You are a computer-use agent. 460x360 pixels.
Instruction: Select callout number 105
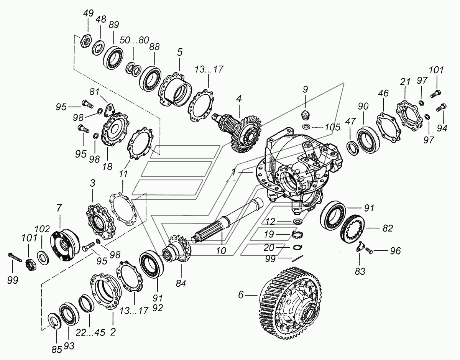[x=332, y=127]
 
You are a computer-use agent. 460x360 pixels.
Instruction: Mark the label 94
[x=442, y=129]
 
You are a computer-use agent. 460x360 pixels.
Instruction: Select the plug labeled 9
[x=305, y=114]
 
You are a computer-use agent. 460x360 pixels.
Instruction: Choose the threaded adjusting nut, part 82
[x=352, y=229]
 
